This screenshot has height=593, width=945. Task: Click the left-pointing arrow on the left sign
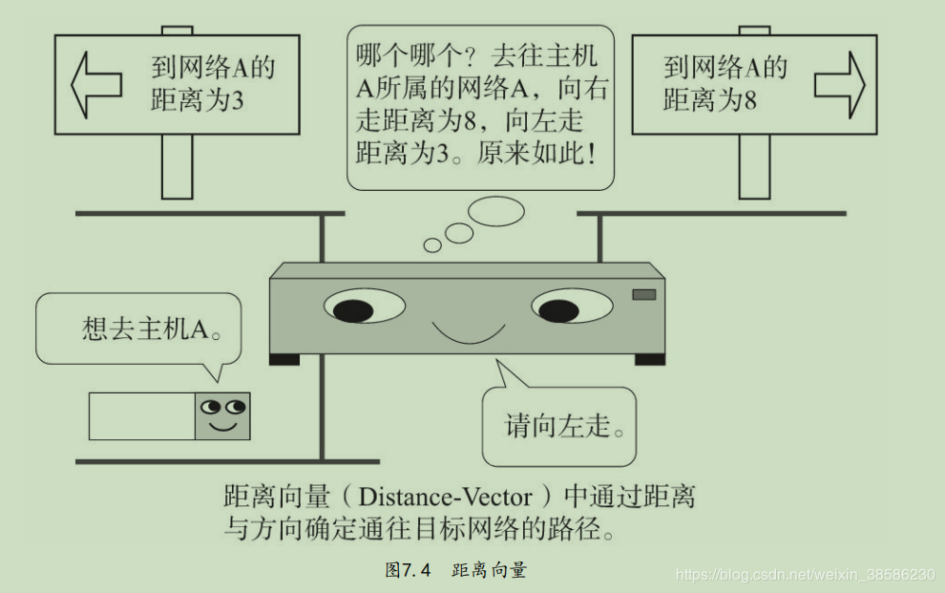tap(96, 85)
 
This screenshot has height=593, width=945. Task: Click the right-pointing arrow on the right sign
tap(839, 84)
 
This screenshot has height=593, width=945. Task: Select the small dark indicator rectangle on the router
tap(644, 295)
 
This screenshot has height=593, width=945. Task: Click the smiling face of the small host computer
tap(222, 415)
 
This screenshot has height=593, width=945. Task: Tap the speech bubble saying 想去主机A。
tap(138, 330)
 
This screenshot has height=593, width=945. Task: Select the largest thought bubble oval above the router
tap(496, 211)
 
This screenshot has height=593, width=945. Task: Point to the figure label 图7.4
tap(408, 570)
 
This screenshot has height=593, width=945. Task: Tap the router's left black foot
tap(284, 359)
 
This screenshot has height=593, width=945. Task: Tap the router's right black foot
tap(649, 359)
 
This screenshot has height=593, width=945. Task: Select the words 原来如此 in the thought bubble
tap(534, 153)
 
